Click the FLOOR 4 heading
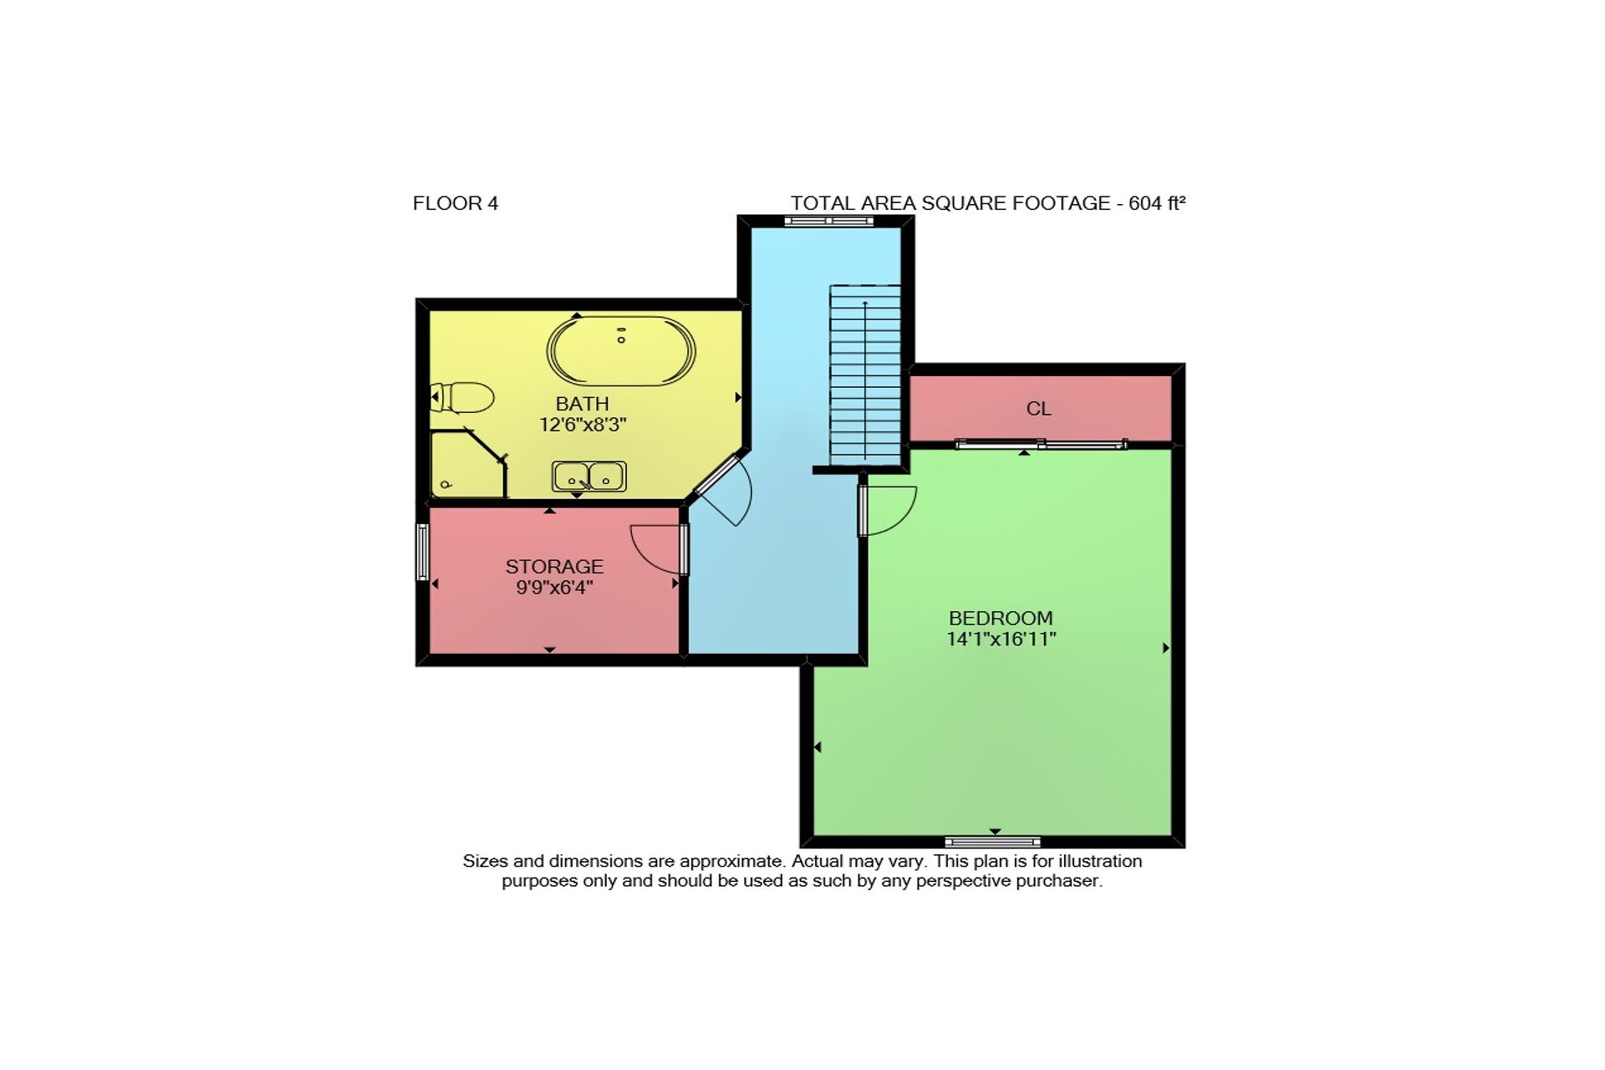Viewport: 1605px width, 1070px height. [x=456, y=203]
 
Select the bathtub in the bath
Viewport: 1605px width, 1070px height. [x=621, y=351]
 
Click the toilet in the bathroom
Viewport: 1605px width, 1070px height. [x=461, y=398]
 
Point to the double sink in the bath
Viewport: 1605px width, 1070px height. [x=589, y=476]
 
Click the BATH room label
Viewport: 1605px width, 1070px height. [x=583, y=404]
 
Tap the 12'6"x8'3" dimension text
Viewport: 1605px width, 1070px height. [x=583, y=425]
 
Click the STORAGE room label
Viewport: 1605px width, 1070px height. [x=554, y=567]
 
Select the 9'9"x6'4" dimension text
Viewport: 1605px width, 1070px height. [x=554, y=588]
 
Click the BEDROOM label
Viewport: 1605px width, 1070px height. [x=1001, y=619]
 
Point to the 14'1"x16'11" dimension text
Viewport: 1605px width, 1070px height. [x=1001, y=639]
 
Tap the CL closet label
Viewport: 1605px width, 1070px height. [x=1038, y=409]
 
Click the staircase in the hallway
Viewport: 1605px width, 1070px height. [x=864, y=375]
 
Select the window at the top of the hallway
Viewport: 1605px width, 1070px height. [x=828, y=221]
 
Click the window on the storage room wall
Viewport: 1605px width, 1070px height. [x=422, y=552]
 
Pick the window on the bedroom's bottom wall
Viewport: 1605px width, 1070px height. [x=993, y=842]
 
